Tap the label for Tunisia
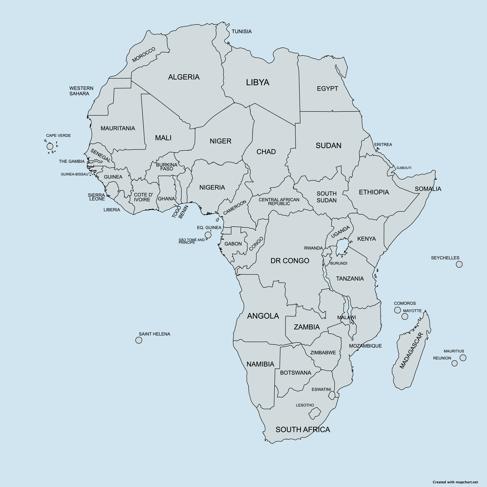point(241,32)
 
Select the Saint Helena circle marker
point(139,340)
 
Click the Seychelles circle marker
point(459,264)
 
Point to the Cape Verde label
point(58,135)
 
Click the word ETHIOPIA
point(374,192)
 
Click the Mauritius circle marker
point(463,358)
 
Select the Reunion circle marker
point(454,363)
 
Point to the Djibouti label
point(404,168)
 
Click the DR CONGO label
point(290,261)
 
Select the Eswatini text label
point(321,389)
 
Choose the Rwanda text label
point(313,248)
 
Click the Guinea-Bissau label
point(75,174)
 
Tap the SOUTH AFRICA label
point(303,430)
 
